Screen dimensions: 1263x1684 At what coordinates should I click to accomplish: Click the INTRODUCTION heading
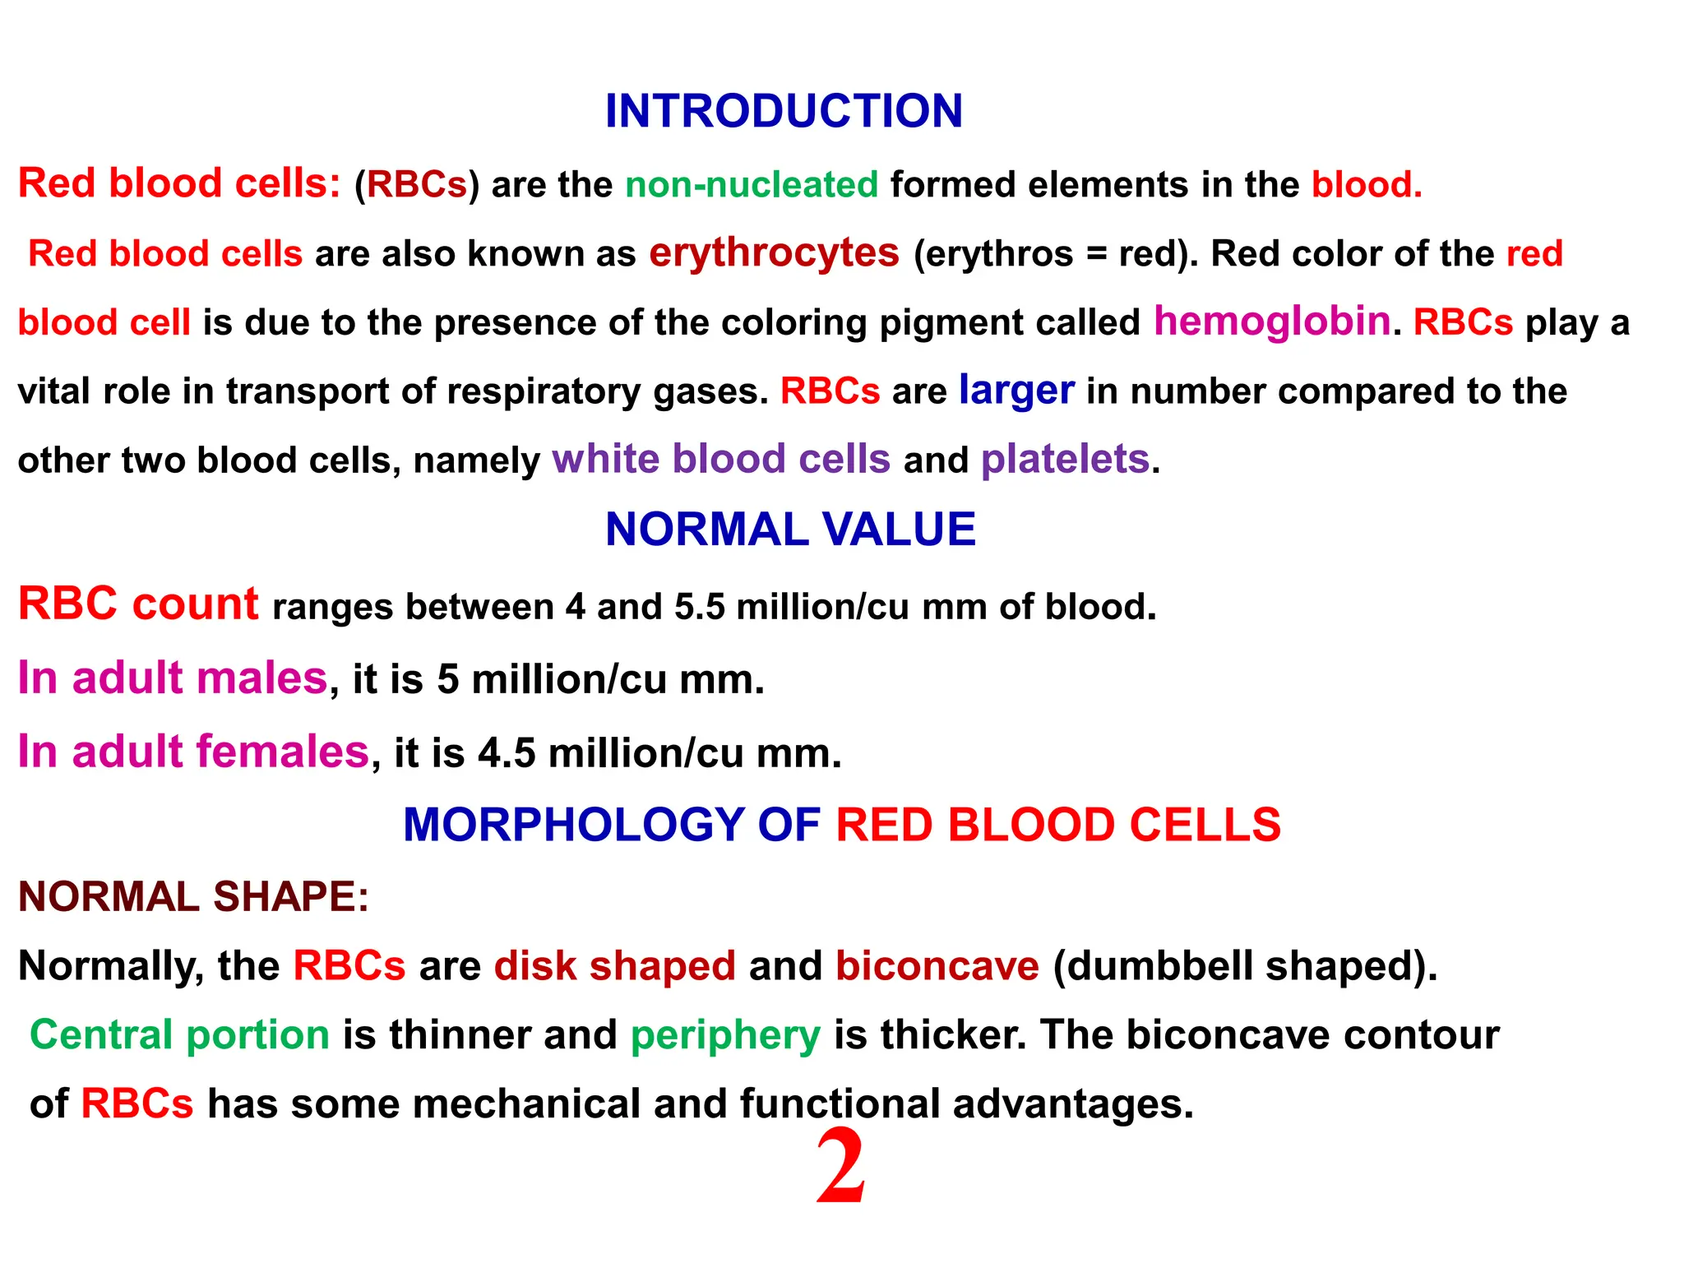(x=784, y=111)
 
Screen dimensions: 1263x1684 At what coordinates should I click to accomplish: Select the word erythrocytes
(x=774, y=253)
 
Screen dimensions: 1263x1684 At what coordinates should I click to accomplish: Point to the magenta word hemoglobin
(x=1272, y=322)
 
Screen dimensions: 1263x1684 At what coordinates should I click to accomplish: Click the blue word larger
(x=1016, y=390)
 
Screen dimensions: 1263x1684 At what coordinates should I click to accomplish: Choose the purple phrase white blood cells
(x=721, y=459)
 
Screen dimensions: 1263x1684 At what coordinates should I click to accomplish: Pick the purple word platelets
(x=1065, y=459)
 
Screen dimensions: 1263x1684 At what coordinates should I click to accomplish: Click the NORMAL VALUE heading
(x=790, y=529)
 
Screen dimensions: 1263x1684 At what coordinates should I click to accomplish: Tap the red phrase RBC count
(x=138, y=604)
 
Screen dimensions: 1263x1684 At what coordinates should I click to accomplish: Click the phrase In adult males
(x=173, y=678)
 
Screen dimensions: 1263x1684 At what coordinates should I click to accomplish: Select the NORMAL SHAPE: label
(x=194, y=896)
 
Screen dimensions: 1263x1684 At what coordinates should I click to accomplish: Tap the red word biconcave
(x=937, y=966)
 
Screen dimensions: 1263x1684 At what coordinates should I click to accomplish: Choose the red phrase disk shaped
(x=614, y=966)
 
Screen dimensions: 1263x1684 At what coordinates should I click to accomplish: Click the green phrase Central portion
(x=179, y=1034)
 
